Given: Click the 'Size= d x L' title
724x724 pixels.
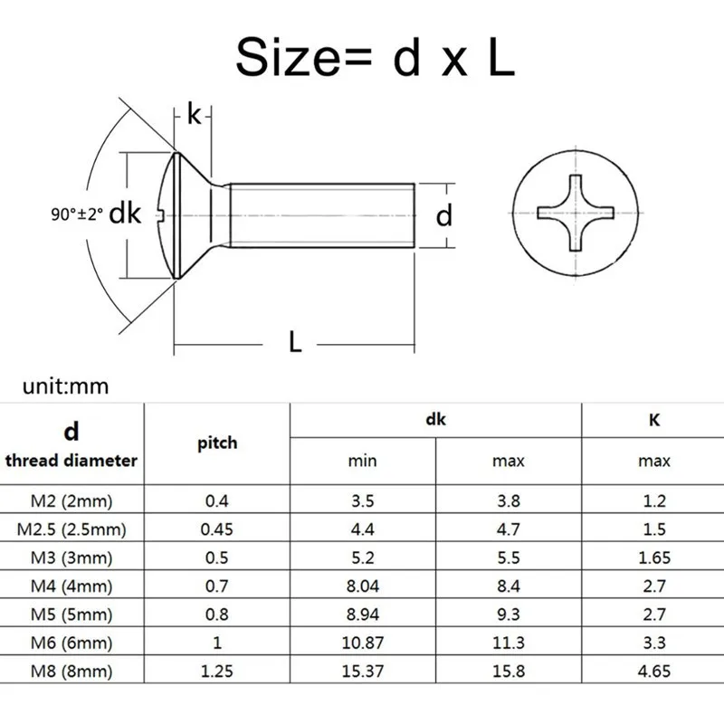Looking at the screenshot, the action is tap(375, 58).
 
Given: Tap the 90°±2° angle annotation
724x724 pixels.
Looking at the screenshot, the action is tap(77, 214).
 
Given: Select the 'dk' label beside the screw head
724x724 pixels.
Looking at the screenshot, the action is tap(125, 214).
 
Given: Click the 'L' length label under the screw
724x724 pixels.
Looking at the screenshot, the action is tap(295, 342).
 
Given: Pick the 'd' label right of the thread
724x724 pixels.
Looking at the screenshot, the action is tap(443, 215).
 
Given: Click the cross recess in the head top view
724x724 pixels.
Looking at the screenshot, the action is tap(576, 214).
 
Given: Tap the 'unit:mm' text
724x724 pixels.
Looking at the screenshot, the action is tap(65, 386).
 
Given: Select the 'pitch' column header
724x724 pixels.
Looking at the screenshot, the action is tap(217, 443).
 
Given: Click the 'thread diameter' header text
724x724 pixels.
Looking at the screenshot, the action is tap(71, 461).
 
